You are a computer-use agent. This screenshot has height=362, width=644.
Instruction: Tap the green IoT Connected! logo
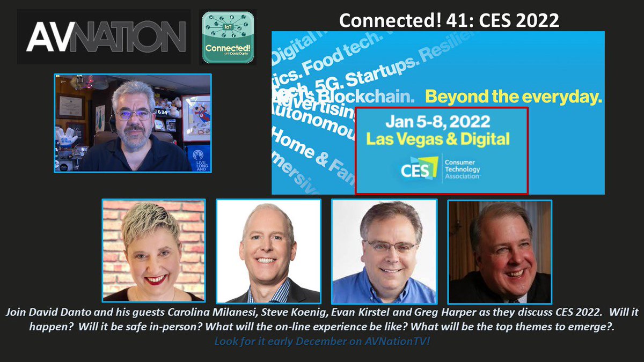227,37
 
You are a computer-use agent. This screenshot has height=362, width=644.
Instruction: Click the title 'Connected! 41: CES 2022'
449,20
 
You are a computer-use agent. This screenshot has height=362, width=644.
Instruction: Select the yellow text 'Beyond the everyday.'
513,97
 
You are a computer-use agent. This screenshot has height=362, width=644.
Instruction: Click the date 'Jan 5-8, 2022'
438,121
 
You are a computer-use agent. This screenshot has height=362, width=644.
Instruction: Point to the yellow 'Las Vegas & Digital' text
437,139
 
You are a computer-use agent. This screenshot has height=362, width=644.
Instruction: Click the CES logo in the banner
419,169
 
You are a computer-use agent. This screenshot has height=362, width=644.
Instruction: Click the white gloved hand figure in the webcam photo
69,138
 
